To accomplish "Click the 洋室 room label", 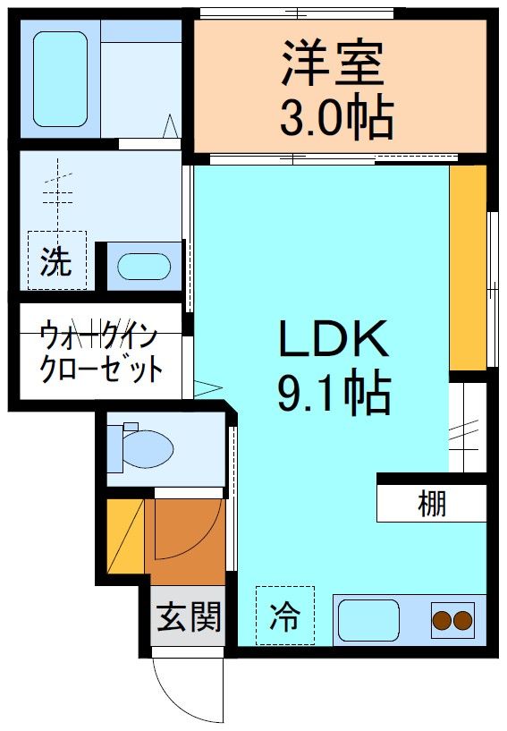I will [334, 62].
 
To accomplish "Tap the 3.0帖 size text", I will [336, 117].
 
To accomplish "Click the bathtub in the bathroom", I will [61, 80].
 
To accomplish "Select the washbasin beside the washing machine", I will [144, 268].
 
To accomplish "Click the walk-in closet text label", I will [99, 353].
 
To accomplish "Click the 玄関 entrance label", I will [189, 616].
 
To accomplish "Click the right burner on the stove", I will [462, 619].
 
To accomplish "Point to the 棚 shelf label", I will [432, 505].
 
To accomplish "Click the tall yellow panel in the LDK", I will [467, 268].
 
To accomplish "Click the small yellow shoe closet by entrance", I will [123, 537].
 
